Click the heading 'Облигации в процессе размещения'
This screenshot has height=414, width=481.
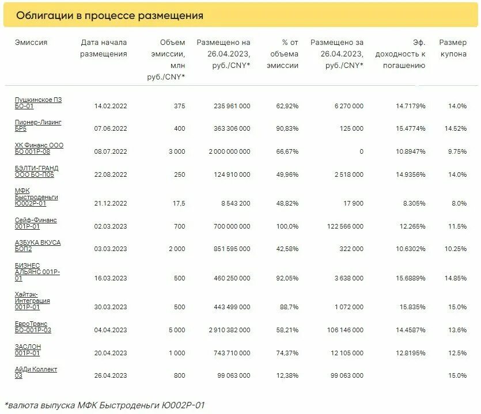tap(109, 16)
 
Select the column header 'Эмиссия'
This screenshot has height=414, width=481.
tap(31, 43)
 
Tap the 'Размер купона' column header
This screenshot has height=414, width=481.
tap(453, 48)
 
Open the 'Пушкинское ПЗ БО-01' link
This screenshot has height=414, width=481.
tap(38, 103)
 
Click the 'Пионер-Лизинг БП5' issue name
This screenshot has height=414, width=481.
tap(38, 126)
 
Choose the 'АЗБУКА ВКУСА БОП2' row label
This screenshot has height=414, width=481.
tap(37, 246)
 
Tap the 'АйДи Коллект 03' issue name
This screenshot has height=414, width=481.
tap(36, 373)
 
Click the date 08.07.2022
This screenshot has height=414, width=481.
tap(111, 152)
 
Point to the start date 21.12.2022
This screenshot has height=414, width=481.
tap(111, 203)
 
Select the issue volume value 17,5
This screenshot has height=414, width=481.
tap(179, 203)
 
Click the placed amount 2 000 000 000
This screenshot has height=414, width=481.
tap(224, 152)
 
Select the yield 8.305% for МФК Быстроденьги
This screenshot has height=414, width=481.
tap(414, 203)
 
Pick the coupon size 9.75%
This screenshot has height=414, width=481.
tap(456, 152)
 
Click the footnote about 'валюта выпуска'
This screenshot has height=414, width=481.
tap(104, 405)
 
